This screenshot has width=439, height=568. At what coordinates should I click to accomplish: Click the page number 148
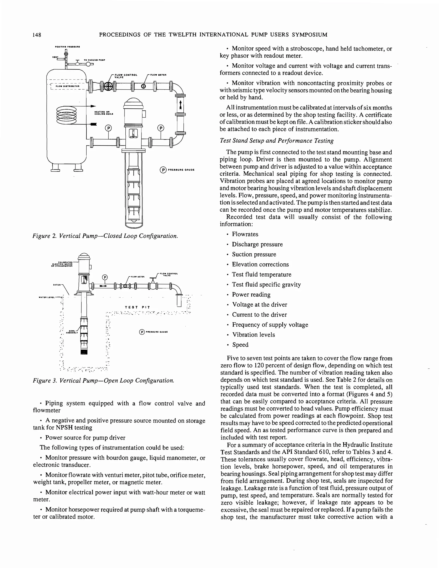pos(37,35)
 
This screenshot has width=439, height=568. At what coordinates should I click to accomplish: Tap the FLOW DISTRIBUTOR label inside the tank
pos(67,86)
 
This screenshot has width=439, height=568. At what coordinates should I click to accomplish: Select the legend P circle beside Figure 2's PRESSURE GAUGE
pos(163,170)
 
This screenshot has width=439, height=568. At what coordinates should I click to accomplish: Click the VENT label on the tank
pos(55,57)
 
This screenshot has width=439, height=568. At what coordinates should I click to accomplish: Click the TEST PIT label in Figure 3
pos(137,307)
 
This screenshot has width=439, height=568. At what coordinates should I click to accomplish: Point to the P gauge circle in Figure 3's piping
pos(105,277)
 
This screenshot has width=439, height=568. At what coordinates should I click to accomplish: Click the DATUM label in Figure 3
pos(57,285)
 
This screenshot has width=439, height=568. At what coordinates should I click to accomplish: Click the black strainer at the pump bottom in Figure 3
pos(84,352)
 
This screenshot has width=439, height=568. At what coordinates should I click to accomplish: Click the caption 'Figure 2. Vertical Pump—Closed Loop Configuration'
pos(105,236)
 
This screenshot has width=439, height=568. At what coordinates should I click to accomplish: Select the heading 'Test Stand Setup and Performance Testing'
pos(276,141)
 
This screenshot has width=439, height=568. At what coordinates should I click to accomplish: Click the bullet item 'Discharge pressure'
pos(257,244)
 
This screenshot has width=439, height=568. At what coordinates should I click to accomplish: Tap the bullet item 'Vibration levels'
pos(253,335)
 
